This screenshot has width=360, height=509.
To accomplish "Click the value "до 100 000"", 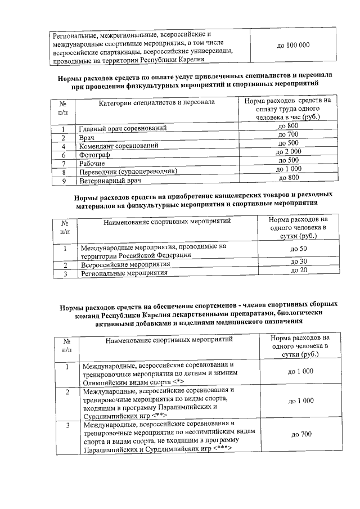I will click(x=293, y=44).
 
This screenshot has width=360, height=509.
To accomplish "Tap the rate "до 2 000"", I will click(x=289, y=152).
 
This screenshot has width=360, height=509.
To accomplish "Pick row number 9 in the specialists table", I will click(x=65, y=181).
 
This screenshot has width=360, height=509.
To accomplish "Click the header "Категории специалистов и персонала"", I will click(x=157, y=102).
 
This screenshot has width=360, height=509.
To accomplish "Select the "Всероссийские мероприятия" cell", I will click(x=125, y=264).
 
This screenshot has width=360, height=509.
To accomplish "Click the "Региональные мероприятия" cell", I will click(x=124, y=273).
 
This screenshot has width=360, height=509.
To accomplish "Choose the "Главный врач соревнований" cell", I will click(x=123, y=129).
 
